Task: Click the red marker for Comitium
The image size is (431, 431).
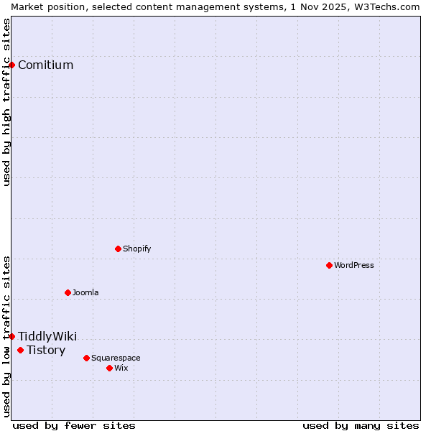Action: [x=11, y=65]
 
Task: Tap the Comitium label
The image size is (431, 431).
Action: [x=45, y=65]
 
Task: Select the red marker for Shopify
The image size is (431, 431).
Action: [x=118, y=249]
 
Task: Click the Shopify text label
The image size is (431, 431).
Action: [x=136, y=249]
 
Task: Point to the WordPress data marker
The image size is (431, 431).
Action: [x=329, y=265]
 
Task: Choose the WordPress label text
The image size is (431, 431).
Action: [x=353, y=266]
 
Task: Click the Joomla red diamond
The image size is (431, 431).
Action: [x=68, y=292]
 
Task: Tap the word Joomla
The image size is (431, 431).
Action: [x=85, y=293]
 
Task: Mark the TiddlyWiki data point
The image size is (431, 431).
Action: [x=11, y=336]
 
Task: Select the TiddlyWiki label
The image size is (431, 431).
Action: [x=47, y=337]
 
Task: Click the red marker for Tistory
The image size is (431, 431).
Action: [x=20, y=350]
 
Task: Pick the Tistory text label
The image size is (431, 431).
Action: [x=46, y=351]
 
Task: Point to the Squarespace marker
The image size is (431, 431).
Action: [x=86, y=358]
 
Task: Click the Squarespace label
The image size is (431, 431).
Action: [x=116, y=358]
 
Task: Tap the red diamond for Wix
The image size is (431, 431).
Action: [x=109, y=368]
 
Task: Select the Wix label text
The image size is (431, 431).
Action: [x=121, y=369]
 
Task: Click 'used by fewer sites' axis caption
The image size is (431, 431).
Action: [x=74, y=426]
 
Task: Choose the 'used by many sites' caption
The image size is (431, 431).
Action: [x=361, y=426]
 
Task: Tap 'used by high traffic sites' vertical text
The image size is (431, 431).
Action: [x=6, y=102]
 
